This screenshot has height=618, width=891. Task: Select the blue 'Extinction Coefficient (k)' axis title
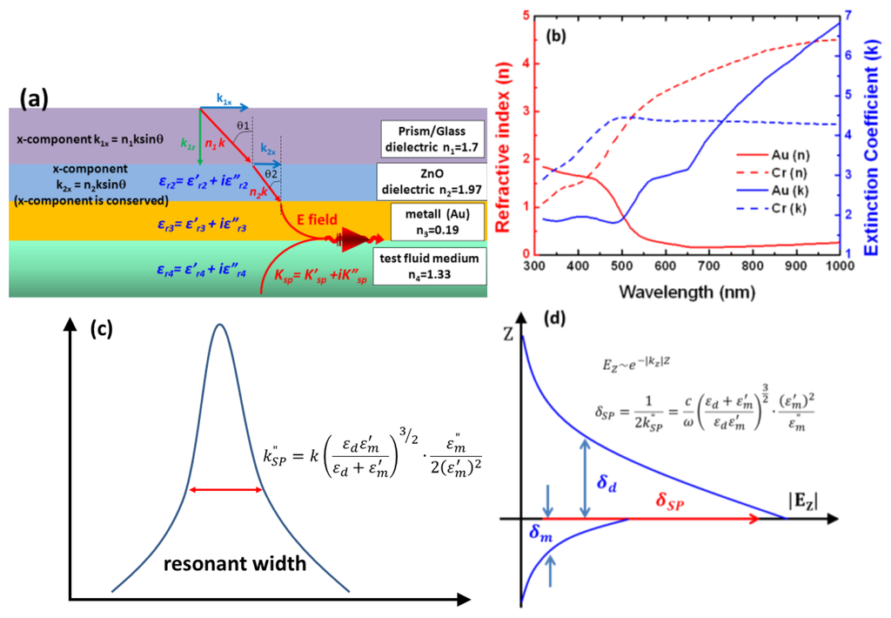coord(881,134)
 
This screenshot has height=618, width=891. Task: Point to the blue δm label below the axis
coord(540,537)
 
